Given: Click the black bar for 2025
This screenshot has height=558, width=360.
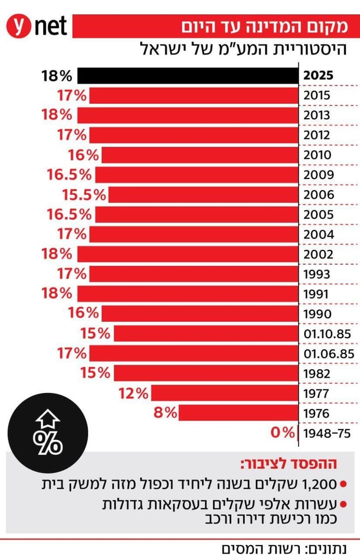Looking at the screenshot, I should [x=189, y=76].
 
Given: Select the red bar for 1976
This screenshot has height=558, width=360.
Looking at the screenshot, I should [x=238, y=414].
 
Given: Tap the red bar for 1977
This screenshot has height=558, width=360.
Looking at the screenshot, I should [x=225, y=393].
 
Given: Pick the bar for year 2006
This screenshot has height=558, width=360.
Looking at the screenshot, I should [x=204, y=195].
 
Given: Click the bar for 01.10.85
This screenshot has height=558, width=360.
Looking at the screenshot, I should [x=206, y=334].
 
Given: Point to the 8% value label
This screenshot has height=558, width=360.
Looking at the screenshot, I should [x=164, y=413].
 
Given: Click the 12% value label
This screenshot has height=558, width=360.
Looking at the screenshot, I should [x=133, y=393].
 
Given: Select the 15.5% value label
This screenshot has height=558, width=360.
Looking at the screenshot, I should [x=84, y=195].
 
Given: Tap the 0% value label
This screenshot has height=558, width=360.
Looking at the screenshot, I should [x=283, y=433].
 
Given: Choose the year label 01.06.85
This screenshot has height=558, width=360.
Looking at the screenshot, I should [x=329, y=354].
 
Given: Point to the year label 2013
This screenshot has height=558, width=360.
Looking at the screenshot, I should [x=316, y=116].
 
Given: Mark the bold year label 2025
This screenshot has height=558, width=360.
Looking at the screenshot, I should [x=318, y=76].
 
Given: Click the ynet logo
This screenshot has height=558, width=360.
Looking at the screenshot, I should [x=36, y=26].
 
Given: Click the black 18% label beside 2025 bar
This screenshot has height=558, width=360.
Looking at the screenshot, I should [x=57, y=76].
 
